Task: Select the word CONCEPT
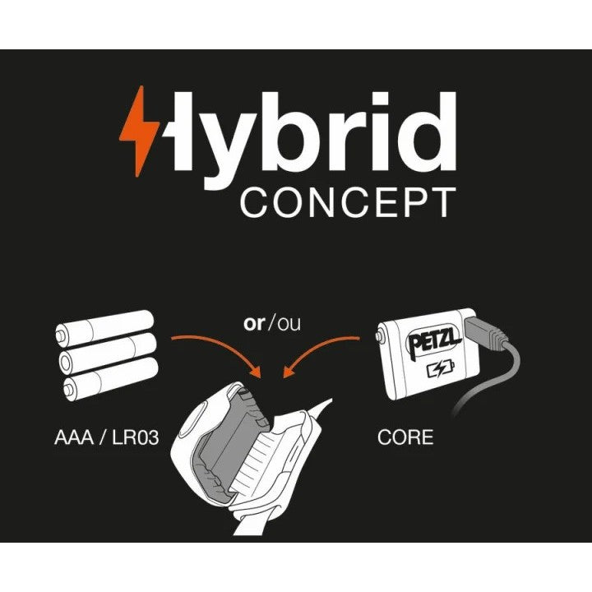click(348, 202)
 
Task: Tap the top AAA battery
click(104, 328)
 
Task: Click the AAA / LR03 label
click(106, 437)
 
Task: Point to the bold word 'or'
click(254, 324)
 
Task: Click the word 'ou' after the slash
click(289, 324)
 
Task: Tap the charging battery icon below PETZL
click(441, 369)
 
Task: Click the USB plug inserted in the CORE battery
click(486, 333)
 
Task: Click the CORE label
click(405, 437)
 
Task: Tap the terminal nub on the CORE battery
click(380, 335)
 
